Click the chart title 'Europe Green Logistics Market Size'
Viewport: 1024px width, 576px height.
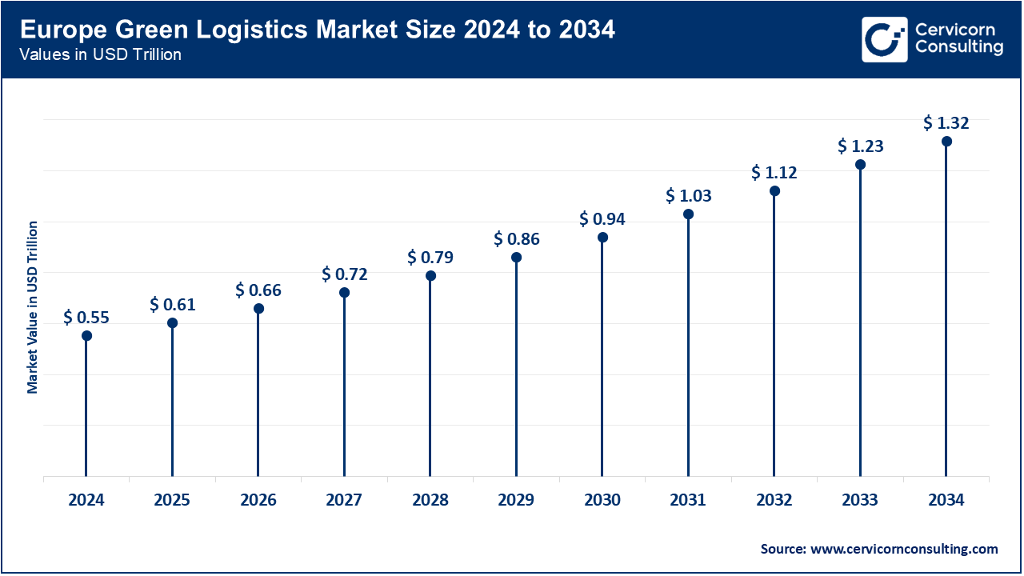(x=318, y=30)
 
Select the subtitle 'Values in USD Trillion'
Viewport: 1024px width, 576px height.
(x=101, y=55)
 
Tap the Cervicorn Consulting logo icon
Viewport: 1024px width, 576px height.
(x=884, y=39)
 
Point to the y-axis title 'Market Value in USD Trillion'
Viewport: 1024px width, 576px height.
(x=33, y=306)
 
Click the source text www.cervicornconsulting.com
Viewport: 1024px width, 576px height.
(x=878, y=549)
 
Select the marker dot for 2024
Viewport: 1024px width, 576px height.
(x=86, y=335)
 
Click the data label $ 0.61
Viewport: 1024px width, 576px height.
(x=172, y=304)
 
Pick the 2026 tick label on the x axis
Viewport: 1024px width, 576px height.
(x=258, y=501)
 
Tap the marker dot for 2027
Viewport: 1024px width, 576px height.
(x=345, y=292)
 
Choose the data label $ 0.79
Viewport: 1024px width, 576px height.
(x=430, y=257)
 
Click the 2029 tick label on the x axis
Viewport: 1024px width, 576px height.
(x=516, y=501)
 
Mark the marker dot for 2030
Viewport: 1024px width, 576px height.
(x=602, y=238)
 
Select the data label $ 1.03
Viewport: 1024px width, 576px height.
(x=689, y=195)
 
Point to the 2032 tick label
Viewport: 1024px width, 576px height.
(x=774, y=501)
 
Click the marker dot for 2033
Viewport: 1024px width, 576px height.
(x=860, y=165)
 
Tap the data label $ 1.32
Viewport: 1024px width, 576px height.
(x=946, y=122)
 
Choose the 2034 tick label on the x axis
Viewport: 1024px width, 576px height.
(x=946, y=501)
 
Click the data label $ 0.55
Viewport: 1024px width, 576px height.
(x=86, y=317)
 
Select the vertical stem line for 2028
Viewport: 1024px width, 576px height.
(x=430, y=376)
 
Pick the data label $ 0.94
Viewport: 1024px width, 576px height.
(x=602, y=218)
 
